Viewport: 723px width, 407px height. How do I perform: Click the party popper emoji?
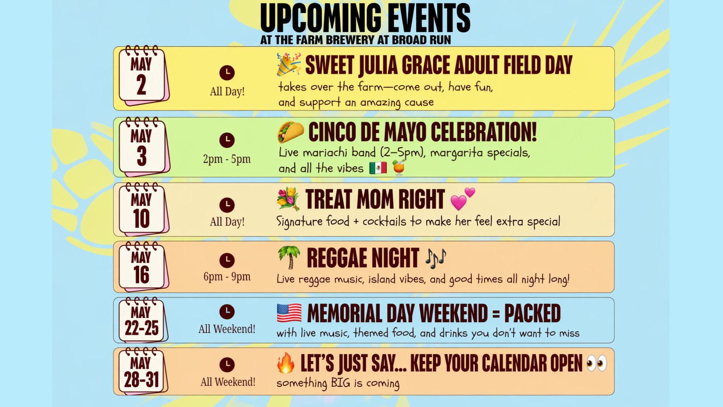[x=288, y=64]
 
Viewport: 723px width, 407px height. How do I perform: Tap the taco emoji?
[x=291, y=132]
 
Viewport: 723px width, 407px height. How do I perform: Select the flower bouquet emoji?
[x=288, y=199]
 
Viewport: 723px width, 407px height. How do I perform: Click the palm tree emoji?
[x=289, y=258]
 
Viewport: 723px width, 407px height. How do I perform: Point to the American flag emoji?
[x=289, y=313]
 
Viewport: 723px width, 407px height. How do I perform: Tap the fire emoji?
[x=286, y=363]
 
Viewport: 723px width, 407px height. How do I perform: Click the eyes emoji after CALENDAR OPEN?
[x=596, y=363]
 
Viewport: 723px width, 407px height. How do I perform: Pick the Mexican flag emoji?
[x=378, y=168]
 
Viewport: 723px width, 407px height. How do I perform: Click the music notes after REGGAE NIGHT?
[x=436, y=258]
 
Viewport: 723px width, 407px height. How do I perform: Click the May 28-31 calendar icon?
[x=144, y=371]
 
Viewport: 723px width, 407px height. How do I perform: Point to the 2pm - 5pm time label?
[x=227, y=159]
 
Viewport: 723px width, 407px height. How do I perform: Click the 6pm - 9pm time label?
[x=227, y=277]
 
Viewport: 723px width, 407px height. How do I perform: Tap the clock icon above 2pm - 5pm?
[x=227, y=140]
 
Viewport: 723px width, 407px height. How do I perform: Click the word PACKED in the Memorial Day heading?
[x=532, y=313]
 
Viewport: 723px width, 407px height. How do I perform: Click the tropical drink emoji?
[x=398, y=168]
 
